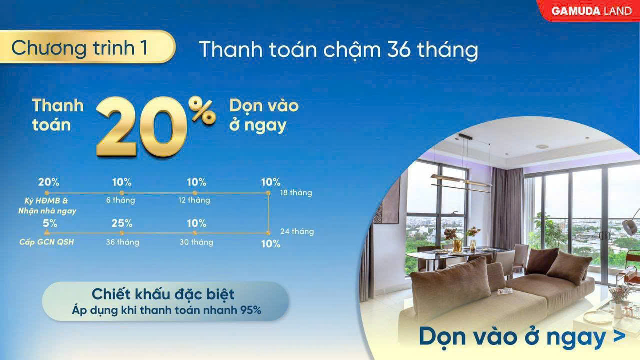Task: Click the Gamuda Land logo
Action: [x=591, y=11]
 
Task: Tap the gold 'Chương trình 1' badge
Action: [x=87, y=47]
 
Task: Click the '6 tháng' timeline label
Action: [x=121, y=200]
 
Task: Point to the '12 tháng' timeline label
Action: [x=194, y=200]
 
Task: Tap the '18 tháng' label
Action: [x=296, y=193]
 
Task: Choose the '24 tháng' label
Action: [x=297, y=231]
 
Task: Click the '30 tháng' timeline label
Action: [x=196, y=242]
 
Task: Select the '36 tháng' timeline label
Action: [x=123, y=242]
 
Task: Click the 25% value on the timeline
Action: [x=122, y=223]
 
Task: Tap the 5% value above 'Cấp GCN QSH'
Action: [x=50, y=223]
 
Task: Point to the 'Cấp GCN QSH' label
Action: [x=47, y=242]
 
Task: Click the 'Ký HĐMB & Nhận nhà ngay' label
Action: [x=47, y=206]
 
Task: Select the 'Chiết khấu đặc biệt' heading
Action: [x=163, y=294]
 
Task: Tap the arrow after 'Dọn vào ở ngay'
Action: [x=619, y=336]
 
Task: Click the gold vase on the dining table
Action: [x=457, y=245]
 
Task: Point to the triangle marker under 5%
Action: [x=47, y=232]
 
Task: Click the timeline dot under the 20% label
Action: [x=47, y=193]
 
